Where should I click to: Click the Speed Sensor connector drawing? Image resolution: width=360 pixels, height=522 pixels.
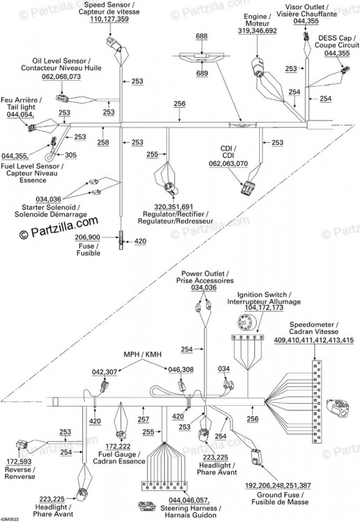113,44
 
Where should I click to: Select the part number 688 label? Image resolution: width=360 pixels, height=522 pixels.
201,36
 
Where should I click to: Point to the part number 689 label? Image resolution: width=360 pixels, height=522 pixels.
202,73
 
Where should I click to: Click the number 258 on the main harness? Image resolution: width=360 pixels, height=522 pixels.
103,142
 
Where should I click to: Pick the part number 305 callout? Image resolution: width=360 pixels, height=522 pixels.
70,155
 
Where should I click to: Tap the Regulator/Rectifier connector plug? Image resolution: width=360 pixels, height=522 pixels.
170,189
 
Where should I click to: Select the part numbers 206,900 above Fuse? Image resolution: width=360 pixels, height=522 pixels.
87,237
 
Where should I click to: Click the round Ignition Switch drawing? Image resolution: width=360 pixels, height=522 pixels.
245,322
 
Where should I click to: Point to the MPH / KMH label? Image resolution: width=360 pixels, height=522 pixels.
142,354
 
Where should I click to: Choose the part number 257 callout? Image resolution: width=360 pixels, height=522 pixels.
143,419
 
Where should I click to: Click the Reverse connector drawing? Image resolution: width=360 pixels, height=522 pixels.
23,445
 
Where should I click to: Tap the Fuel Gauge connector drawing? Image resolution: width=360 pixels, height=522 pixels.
120,436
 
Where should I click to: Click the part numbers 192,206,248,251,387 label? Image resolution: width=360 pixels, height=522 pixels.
278,485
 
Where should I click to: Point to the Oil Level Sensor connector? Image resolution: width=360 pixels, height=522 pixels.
62,99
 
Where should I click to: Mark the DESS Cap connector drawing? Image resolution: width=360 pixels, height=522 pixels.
345,70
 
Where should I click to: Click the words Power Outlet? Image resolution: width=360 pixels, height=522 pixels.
203,274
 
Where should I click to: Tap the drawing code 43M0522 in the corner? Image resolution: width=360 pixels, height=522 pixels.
10,519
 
